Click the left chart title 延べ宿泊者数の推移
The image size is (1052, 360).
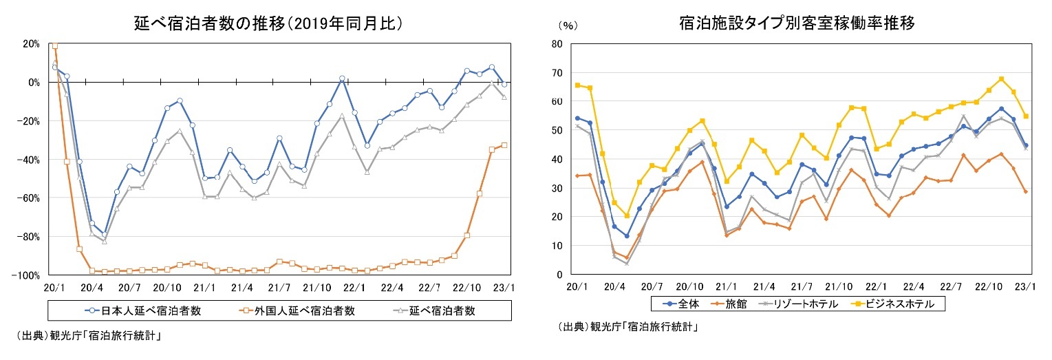tap(268, 23)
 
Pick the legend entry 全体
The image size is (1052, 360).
tap(679, 303)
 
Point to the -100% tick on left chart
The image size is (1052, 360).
tap(28, 275)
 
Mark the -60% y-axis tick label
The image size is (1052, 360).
tap(30, 198)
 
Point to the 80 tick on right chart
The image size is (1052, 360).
tap(557, 43)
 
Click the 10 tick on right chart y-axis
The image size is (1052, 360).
tap(557, 246)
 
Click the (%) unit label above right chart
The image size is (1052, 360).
tap(568, 25)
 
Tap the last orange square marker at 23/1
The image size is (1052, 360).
tap(504, 145)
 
